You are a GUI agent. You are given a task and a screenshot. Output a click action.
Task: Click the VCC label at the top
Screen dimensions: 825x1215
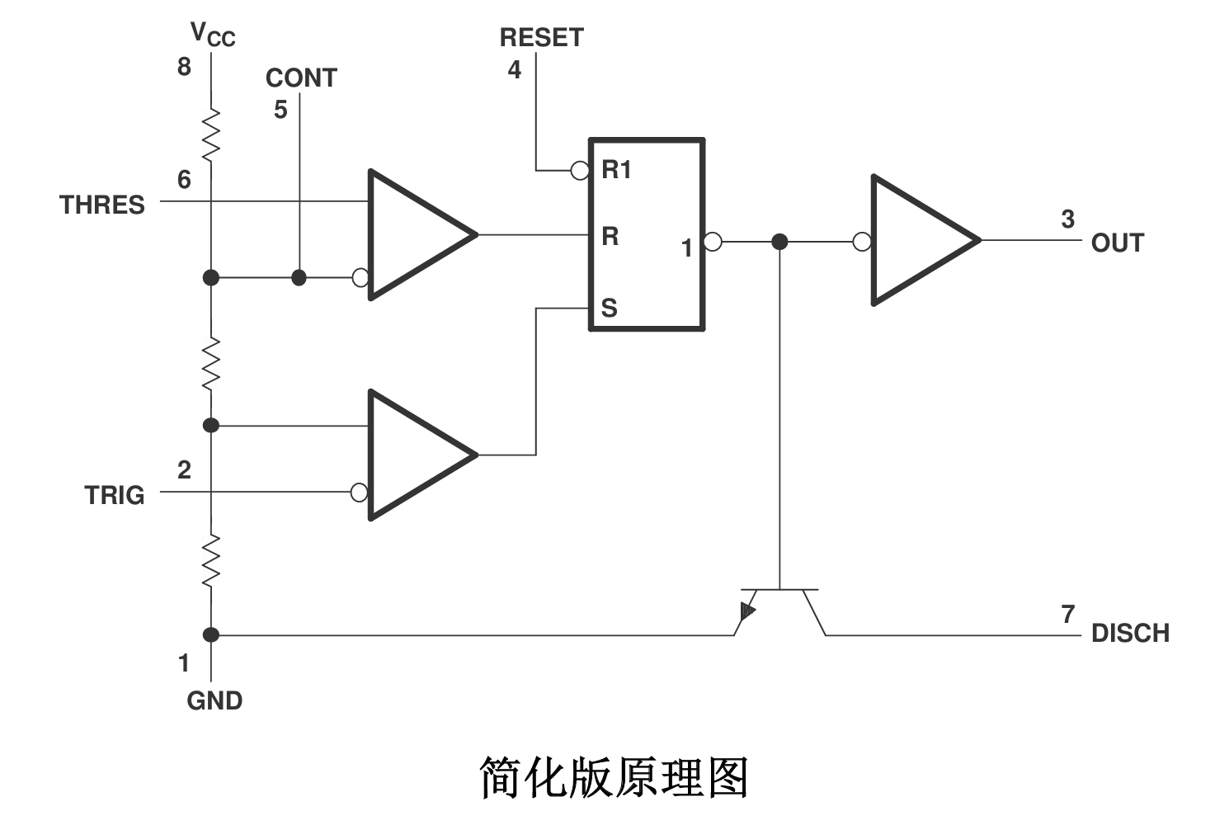coord(212,35)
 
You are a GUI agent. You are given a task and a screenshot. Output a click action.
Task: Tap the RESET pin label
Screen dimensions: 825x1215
coord(541,38)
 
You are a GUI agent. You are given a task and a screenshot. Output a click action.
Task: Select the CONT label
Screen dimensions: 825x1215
coord(301,78)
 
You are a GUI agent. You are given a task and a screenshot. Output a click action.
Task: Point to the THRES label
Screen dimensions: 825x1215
coord(101,205)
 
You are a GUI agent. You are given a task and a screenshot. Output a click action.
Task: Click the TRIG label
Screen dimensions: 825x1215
coord(114,495)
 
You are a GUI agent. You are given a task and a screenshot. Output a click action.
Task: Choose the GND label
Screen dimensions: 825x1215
coord(214,700)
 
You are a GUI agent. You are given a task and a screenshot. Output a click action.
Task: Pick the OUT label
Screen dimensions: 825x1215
coord(1118,243)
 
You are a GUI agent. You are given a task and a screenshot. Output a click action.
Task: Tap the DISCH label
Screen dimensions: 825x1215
coord(1130,633)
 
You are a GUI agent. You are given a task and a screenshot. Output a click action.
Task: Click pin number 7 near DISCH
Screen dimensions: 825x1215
coord(1068,614)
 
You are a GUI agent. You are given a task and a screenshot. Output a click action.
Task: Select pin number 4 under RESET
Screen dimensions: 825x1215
coord(515,69)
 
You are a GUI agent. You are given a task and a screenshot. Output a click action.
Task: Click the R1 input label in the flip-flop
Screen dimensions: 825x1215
coord(616,170)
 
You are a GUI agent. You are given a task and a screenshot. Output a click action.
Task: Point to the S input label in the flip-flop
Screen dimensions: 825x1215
coord(609,308)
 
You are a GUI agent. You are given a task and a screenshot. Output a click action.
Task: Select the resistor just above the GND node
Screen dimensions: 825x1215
coord(211,560)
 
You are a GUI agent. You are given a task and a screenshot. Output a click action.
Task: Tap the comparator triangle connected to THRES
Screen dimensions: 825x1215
coord(412,235)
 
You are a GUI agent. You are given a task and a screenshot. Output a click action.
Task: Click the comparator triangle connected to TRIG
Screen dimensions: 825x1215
coord(412,455)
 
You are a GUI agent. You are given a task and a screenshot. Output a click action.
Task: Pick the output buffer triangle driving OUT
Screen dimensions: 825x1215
coord(916,240)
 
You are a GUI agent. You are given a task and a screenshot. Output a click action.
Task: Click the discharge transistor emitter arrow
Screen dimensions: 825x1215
coord(747,611)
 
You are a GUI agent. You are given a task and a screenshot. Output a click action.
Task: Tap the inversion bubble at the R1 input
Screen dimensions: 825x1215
coord(580,171)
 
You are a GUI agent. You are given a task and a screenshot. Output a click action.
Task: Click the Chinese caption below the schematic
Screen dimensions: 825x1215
coord(614,777)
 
